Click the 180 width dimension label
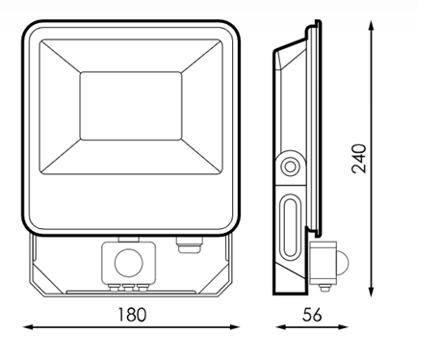pyautogui.click(x=132, y=315)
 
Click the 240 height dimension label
pyautogui.click(x=359, y=159)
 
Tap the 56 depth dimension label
pyautogui.click(x=312, y=315)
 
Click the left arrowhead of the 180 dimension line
pyautogui.click(x=28, y=327)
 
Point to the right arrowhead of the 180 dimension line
pyautogui.click(x=235, y=327)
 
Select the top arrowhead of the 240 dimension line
pyautogui.click(x=371, y=25)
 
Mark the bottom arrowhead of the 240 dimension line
pyautogui.click(x=371, y=292)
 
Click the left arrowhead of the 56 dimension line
pyautogui.click(x=280, y=327)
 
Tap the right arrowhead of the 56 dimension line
pyautogui.click(x=343, y=327)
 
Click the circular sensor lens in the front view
pyautogui.click(x=128, y=263)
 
